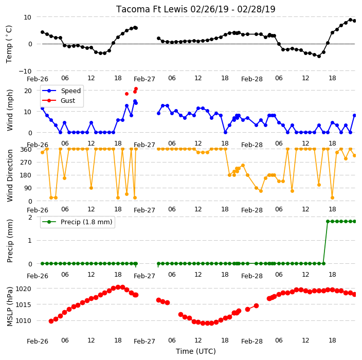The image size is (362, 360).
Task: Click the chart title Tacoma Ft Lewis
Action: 152,9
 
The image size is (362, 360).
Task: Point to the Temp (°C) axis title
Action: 9,44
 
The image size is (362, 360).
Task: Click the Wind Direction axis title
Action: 10,175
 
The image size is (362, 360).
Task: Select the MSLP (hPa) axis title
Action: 10,307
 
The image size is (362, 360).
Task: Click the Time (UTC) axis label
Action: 196,351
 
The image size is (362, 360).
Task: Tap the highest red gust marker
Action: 136,89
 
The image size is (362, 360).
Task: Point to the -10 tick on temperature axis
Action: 25,71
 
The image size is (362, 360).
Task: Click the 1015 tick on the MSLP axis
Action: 23,305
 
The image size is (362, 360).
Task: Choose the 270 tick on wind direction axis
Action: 26,163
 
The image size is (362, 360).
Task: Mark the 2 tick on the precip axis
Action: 30,218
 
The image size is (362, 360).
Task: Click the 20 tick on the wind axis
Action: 28,91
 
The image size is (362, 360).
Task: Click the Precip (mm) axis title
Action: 10,241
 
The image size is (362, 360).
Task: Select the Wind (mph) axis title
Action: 10,110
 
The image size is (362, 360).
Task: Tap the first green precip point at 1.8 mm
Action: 328,222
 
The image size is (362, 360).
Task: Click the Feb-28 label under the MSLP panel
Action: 252,341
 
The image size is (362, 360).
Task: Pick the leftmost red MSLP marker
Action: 51,321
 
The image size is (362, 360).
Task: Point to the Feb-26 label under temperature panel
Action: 38,79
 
